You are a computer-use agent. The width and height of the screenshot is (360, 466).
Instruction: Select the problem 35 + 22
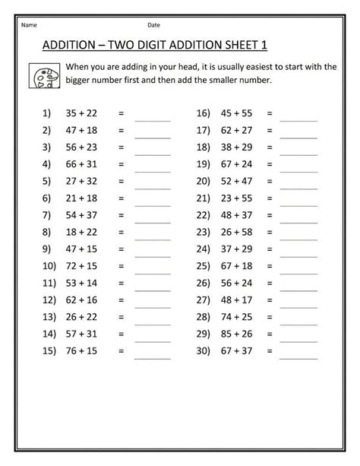(81, 113)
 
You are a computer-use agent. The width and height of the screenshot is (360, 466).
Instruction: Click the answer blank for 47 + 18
(153, 133)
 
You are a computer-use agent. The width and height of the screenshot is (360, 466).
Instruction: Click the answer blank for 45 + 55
(298, 116)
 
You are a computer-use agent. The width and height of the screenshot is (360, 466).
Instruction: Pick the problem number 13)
(45, 316)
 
